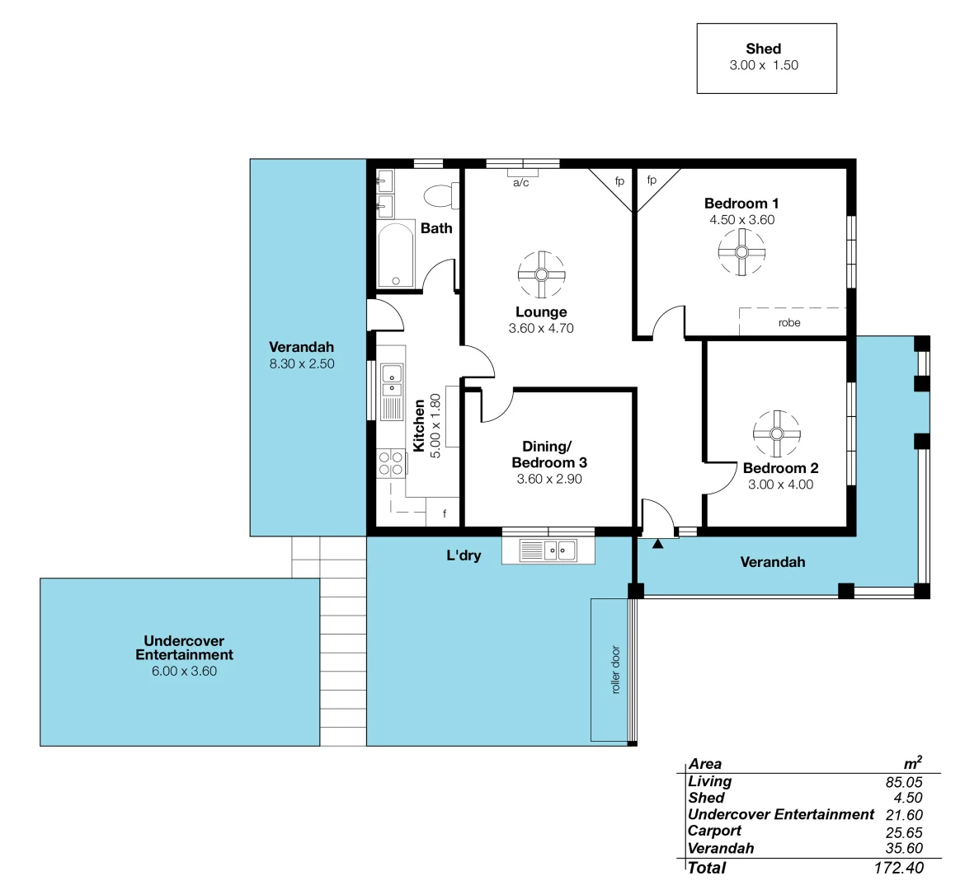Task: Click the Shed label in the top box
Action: tap(763, 49)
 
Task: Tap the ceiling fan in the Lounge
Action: tap(541, 274)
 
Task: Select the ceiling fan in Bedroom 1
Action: tap(741, 252)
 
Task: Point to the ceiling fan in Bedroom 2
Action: tap(776, 433)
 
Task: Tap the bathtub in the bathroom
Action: tap(395, 255)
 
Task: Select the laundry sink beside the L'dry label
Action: tap(548, 550)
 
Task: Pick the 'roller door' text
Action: tap(615, 669)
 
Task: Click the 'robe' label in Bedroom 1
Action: tap(789, 323)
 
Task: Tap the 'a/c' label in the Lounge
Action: tap(521, 183)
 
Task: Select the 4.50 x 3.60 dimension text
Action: tap(741, 220)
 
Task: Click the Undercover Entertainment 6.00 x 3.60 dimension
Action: tap(184, 672)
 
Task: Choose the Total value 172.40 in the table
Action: tap(898, 868)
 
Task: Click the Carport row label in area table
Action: tap(714, 831)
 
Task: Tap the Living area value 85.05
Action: tap(904, 782)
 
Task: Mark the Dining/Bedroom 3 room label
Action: tap(548, 454)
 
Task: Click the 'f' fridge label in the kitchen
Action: tap(445, 514)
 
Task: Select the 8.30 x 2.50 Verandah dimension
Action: tap(302, 363)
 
